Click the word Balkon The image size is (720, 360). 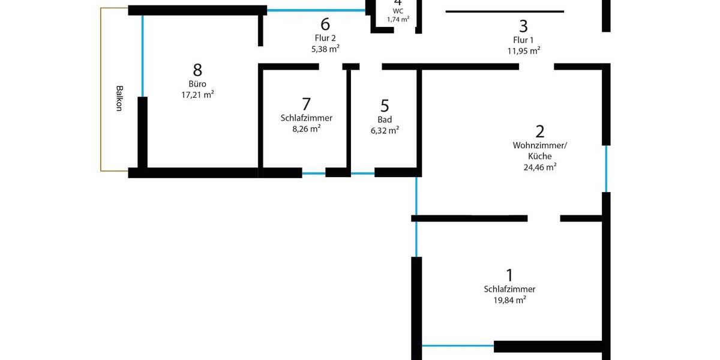(x=118, y=99)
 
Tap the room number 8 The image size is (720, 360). (x=197, y=70)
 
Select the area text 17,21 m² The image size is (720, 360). (x=197, y=95)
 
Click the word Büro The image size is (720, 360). (x=197, y=84)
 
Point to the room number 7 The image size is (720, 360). (x=306, y=104)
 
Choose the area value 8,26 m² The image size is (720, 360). (x=306, y=128)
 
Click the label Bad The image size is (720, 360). (x=385, y=119)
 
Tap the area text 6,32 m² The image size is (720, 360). (x=385, y=130)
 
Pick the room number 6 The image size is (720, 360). (x=325, y=25)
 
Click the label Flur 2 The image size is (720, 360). (x=325, y=38)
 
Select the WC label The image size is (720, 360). (x=398, y=11)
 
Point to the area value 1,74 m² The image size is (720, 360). (x=398, y=19)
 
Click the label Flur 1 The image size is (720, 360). (x=523, y=40)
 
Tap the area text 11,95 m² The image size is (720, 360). (x=523, y=51)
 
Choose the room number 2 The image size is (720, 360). (x=539, y=131)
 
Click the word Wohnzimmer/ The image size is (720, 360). (x=539, y=145)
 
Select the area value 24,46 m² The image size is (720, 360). (x=539, y=167)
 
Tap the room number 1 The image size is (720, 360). (x=509, y=275)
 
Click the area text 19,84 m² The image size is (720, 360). (x=509, y=299)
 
